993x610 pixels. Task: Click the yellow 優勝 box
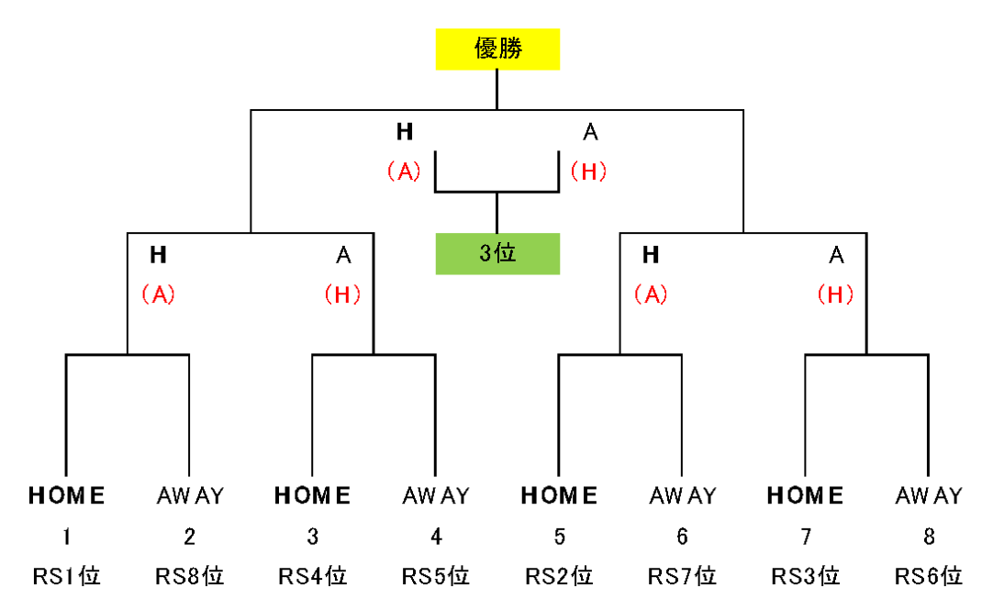(x=497, y=49)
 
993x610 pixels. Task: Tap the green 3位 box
(x=497, y=253)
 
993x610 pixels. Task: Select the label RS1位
(x=66, y=576)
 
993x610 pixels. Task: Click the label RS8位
(x=189, y=576)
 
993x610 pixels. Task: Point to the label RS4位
(x=313, y=576)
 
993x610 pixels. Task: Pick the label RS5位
(x=436, y=576)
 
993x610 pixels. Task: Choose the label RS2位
(x=559, y=576)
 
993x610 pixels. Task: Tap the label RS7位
(x=682, y=576)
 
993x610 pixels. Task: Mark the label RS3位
(x=806, y=576)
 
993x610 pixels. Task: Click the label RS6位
(x=929, y=576)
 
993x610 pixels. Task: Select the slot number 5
(x=559, y=537)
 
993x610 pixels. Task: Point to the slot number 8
(x=929, y=537)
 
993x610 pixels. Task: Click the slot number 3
(x=313, y=537)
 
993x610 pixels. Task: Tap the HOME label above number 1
(x=66, y=495)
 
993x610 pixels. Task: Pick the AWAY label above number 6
(x=683, y=495)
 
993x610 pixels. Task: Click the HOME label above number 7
(x=806, y=495)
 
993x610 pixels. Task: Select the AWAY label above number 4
(x=436, y=495)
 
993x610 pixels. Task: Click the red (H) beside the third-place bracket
(x=589, y=172)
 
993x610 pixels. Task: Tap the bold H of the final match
(x=405, y=131)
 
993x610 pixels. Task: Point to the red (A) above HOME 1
(x=159, y=294)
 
